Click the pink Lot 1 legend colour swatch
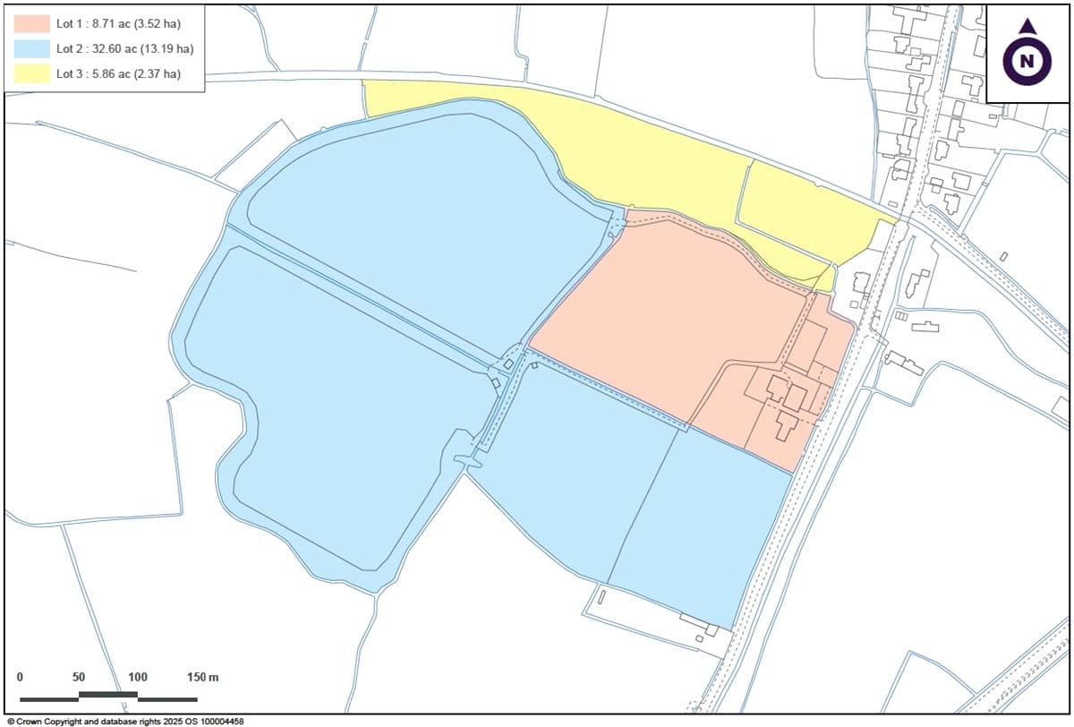pyautogui.click(x=32, y=22)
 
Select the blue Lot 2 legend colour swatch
pyautogui.click(x=32, y=48)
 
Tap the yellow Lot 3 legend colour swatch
pyautogui.click(x=32, y=73)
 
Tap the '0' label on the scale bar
pyautogui.click(x=20, y=677)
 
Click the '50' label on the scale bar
pyautogui.click(x=79, y=677)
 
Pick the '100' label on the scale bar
pyautogui.click(x=137, y=677)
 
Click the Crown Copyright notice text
pyautogui.click(x=125, y=721)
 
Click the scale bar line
pyautogui.click(x=107, y=696)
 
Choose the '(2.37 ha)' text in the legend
pyautogui.click(x=160, y=73)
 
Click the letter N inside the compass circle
pyautogui.click(x=1027, y=62)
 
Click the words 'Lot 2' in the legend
pyautogui.click(x=69, y=48)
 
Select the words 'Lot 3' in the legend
pyautogui.click(x=69, y=73)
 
